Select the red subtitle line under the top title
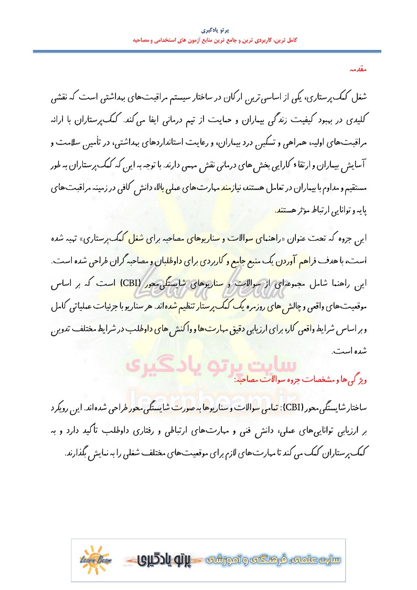pyautogui.click(x=208, y=40)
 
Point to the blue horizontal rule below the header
pyautogui.click(x=208, y=51)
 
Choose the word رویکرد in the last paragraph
pyautogui.click(x=62, y=407)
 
